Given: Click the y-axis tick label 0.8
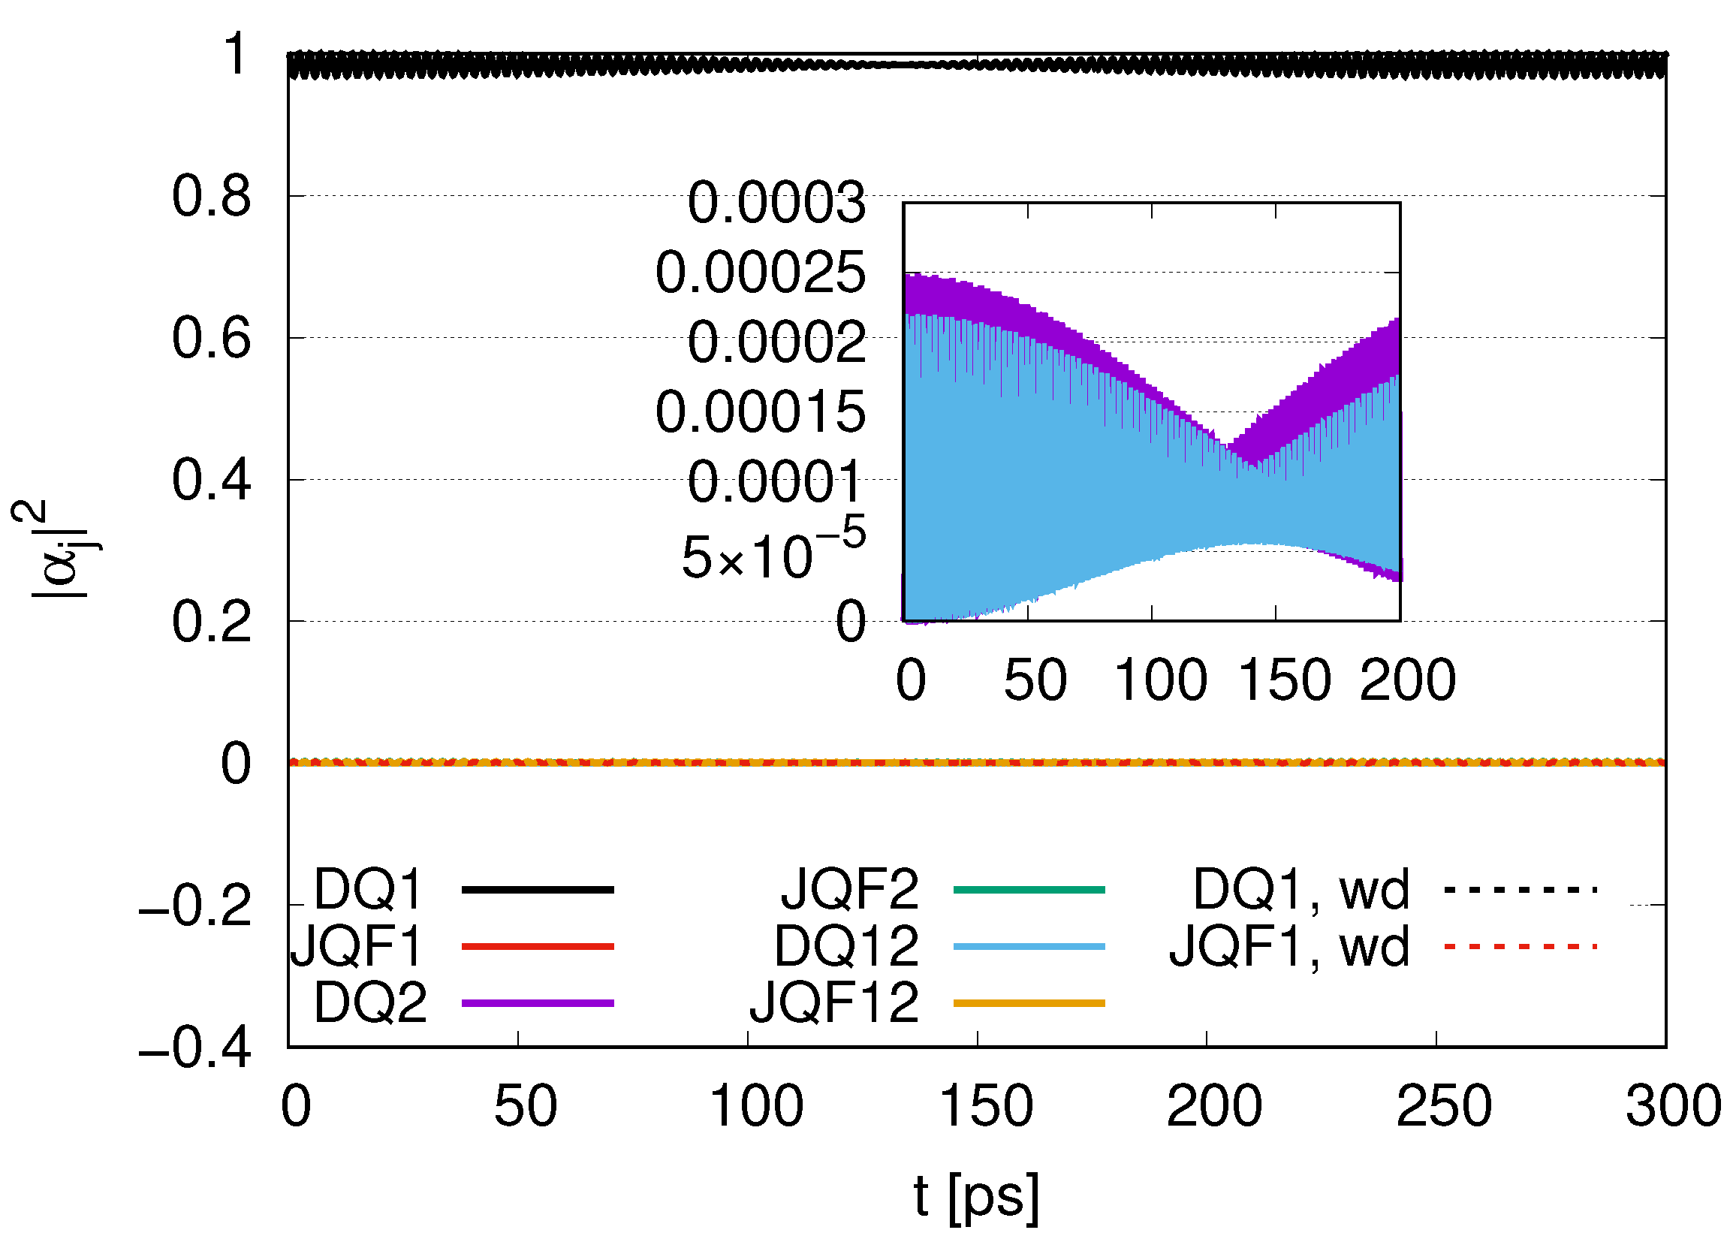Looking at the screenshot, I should tap(210, 197).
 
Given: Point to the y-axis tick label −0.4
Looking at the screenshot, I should tap(194, 1047).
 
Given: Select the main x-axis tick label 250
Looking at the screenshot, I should tap(1443, 1106).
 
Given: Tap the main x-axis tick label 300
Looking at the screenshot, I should tap(1672, 1106).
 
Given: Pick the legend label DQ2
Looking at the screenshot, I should tap(370, 1002).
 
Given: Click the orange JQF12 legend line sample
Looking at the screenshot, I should tap(1029, 1002).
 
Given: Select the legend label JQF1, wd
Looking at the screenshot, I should tap(1288, 947).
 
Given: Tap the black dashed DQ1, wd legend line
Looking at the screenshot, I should tap(1521, 889).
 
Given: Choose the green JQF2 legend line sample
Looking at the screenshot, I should tap(1029, 889).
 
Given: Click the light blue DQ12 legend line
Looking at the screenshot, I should tap(1029, 947).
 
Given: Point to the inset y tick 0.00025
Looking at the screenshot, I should tap(760, 273).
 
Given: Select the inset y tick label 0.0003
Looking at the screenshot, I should tap(776, 203).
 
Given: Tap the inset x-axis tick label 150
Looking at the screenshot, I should tap(1284, 680).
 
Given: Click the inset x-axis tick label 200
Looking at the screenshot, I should tap(1407, 680).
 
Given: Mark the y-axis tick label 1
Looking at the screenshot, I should tap(236, 55).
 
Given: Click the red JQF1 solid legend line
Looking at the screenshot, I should tap(538, 947).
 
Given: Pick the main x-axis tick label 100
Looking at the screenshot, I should tap(755, 1106).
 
